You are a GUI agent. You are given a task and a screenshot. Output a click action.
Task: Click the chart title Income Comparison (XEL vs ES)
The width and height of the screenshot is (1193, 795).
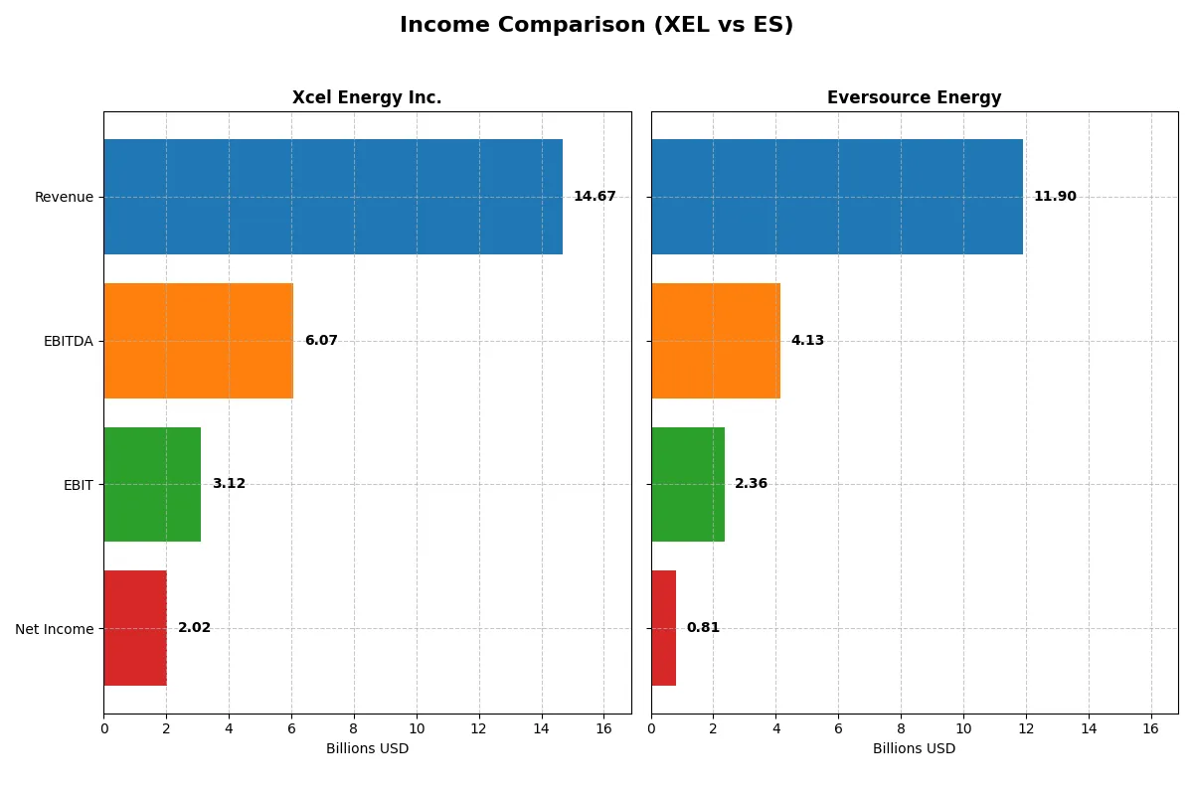(x=596, y=26)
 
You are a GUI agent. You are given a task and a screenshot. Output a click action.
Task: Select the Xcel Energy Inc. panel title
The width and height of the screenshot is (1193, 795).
(x=367, y=98)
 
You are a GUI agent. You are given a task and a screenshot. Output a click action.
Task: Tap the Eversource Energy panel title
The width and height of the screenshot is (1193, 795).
(x=914, y=98)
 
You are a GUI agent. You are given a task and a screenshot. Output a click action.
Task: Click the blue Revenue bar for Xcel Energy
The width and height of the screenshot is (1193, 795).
(x=333, y=197)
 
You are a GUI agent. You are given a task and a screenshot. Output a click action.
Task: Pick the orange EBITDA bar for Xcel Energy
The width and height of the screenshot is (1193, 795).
(x=199, y=341)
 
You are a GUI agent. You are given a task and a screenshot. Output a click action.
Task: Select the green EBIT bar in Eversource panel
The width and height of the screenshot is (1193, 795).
(x=688, y=484)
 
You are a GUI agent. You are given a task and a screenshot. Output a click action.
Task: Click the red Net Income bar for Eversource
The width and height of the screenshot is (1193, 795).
(x=663, y=628)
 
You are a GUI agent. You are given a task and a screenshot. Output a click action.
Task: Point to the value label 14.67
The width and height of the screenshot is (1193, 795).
(x=595, y=197)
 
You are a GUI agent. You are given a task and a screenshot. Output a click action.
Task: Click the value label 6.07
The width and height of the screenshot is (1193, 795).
(x=321, y=341)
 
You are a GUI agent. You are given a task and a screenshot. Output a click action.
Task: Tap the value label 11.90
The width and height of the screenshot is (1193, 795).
(x=1055, y=197)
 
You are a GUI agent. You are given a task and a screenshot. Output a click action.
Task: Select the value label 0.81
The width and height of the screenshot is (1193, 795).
(x=703, y=628)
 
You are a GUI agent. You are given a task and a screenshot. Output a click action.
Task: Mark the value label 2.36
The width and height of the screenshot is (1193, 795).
(x=751, y=484)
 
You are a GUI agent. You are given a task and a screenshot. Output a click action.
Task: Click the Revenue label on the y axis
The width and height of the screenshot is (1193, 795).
(x=64, y=198)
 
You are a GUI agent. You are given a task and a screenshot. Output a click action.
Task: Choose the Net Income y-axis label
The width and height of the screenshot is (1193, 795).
(x=55, y=629)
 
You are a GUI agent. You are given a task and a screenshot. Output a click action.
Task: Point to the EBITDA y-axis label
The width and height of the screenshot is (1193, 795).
(x=69, y=342)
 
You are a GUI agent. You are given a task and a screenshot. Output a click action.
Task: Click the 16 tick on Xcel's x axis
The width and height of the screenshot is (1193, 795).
(x=603, y=728)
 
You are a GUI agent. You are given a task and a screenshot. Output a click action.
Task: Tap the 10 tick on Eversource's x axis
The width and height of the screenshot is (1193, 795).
(x=963, y=728)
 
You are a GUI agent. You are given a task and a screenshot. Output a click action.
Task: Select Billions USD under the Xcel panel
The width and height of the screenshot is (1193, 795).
(x=367, y=749)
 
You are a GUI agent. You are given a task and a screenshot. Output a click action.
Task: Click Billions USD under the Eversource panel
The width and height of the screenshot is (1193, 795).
(x=914, y=749)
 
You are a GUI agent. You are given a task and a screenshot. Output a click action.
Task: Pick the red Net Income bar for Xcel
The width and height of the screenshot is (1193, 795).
(x=135, y=628)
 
